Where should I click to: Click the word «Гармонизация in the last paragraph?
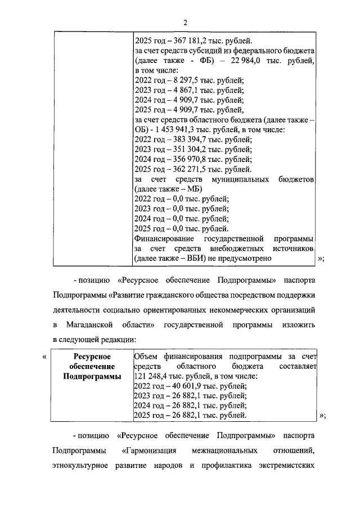148,451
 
